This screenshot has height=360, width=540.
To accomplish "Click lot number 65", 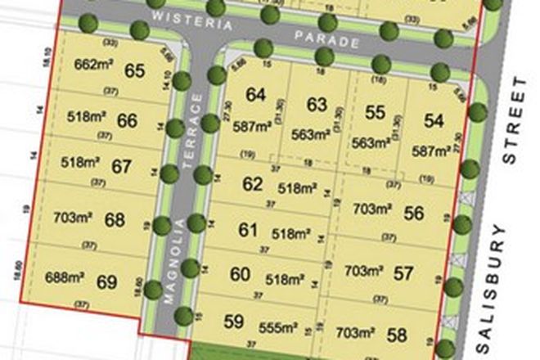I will tap(136, 70).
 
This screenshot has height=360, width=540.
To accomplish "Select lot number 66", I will tap(127, 121).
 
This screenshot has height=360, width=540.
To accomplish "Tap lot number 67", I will tap(122, 167).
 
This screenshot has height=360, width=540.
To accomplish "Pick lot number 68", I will tap(115, 219).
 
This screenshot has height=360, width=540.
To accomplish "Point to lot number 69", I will tap(107, 282).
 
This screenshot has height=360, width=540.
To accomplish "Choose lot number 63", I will tap(317, 104).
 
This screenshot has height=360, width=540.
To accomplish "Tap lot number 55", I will tap(376, 113).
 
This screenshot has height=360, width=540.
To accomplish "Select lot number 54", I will tap(434, 121).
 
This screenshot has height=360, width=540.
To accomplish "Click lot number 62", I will tap(253, 184).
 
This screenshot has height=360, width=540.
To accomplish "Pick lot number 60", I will tap(240, 275).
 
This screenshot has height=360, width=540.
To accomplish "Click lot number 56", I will tap(414, 214).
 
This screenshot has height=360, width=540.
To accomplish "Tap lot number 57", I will tap(403, 272).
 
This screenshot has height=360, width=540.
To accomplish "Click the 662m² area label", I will tap(91, 65).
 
